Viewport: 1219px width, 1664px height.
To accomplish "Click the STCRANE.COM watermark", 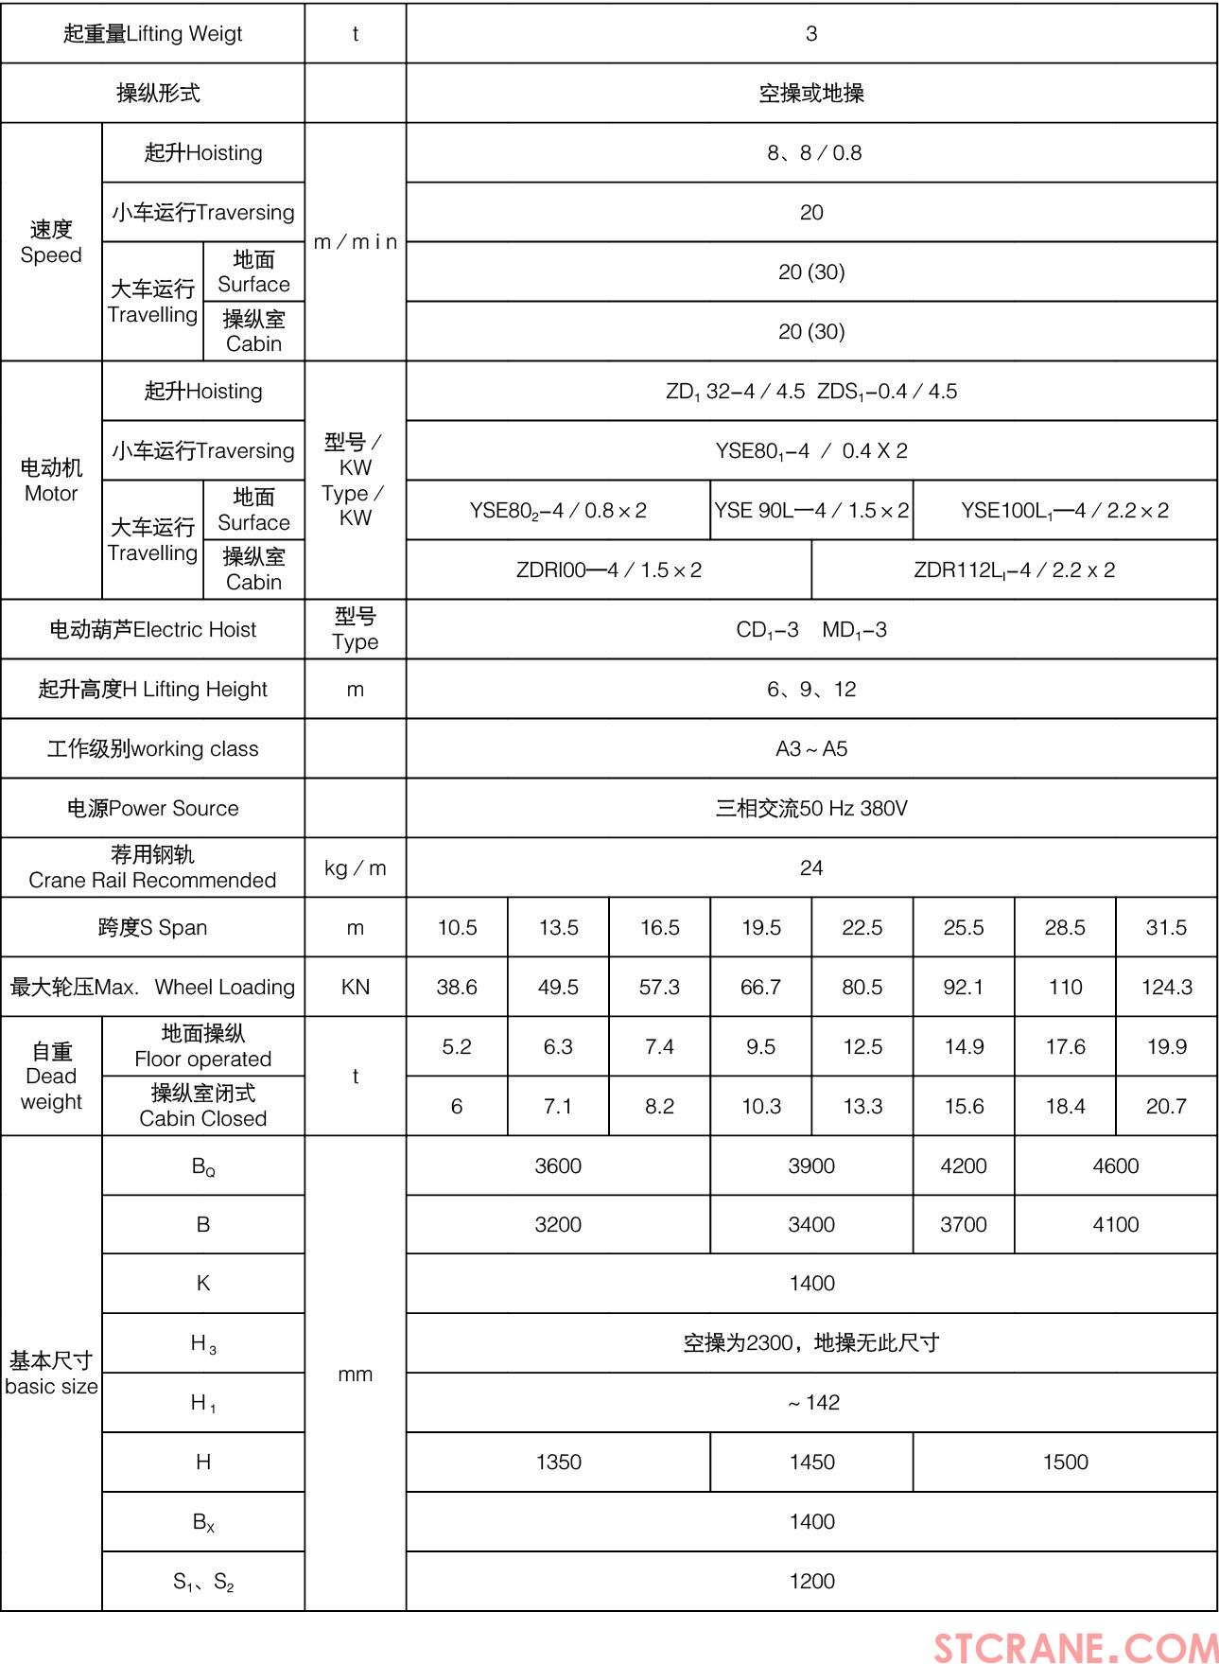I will (x=1075, y=1646).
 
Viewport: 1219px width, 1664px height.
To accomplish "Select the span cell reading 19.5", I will (x=760, y=927).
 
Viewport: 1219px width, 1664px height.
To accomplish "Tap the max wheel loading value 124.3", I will (x=1166, y=987).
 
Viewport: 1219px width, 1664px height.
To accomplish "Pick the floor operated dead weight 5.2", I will (x=457, y=1046).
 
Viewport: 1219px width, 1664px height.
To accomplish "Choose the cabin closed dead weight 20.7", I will (x=1166, y=1106).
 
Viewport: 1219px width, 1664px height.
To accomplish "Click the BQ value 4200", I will (x=963, y=1165).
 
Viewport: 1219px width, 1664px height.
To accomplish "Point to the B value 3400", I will (x=811, y=1224).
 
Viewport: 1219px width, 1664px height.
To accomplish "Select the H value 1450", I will (x=811, y=1462).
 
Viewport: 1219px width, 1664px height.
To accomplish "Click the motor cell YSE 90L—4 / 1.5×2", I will (x=811, y=511).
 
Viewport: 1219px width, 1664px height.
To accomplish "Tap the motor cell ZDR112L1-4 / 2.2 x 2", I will (x=1014, y=569).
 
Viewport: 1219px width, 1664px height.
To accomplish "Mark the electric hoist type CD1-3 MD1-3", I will (x=811, y=629).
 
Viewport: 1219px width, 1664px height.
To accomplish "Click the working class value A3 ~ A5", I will (x=811, y=748).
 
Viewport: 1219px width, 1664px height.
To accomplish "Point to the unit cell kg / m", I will (x=356, y=867).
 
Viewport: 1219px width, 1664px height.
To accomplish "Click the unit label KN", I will (x=356, y=987).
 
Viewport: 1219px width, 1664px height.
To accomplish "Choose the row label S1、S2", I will (x=203, y=1581).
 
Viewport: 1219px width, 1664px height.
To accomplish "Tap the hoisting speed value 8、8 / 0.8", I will (x=814, y=152).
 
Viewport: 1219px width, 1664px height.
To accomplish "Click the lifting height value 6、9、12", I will (x=811, y=689).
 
